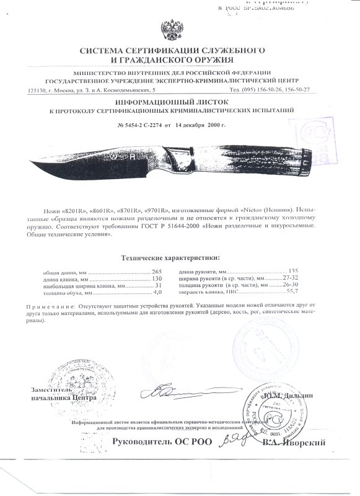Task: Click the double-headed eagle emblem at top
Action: click(169, 30)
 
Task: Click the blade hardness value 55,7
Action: click(292, 291)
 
